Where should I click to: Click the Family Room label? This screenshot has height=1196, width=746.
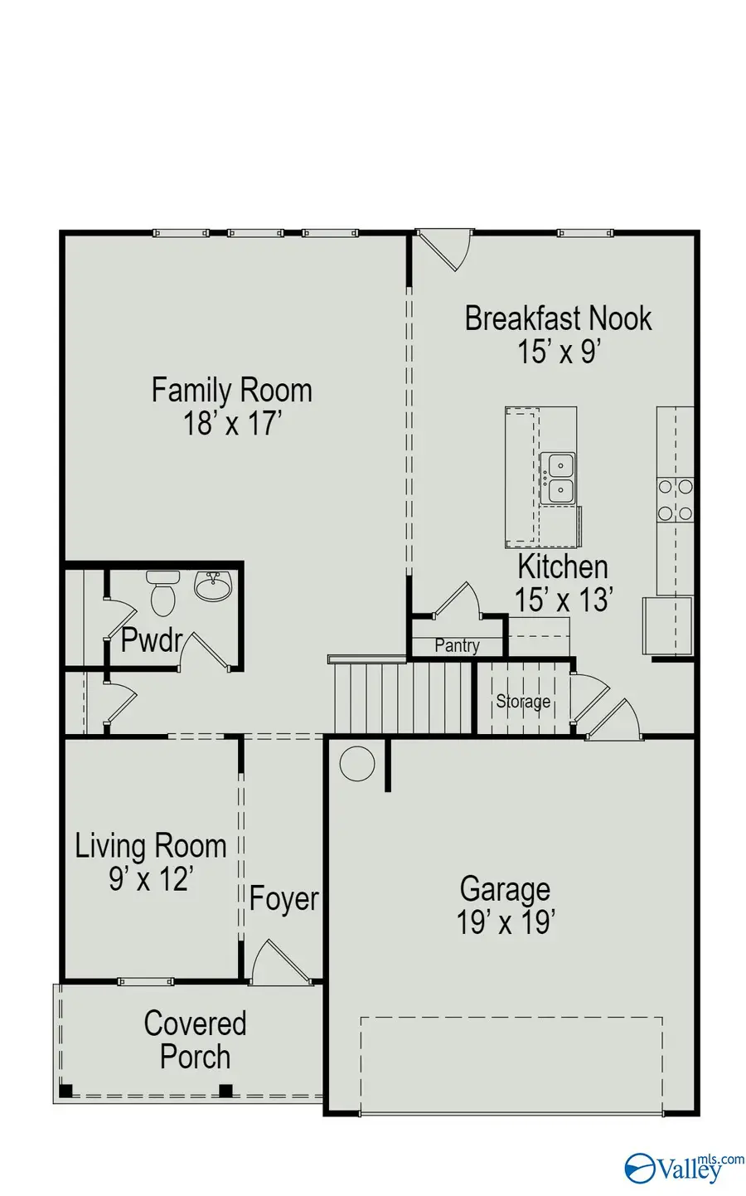[231, 390]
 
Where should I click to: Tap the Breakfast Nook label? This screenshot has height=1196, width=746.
[558, 318]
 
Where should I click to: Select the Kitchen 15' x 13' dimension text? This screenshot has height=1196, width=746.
[564, 600]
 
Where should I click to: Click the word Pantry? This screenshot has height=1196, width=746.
[457, 645]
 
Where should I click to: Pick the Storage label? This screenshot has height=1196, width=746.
[523, 702]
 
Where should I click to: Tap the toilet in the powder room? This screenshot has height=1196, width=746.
[162, 592]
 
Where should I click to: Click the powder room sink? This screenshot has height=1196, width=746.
[213, 586]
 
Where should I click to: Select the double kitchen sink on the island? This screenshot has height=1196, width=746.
[558, 479]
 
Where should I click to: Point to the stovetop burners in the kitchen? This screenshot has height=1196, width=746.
[676, 500]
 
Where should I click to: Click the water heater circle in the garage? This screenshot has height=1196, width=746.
[357, 763]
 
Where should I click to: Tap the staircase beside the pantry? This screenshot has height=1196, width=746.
[403, 697]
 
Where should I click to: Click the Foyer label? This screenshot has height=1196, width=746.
[284, 899]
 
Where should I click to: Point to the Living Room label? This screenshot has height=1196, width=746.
[151, 846]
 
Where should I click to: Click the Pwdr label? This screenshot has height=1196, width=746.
[151, 640]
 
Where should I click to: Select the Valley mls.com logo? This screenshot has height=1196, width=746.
[684, 1167]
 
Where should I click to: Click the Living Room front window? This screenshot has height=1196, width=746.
[146, 982]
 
